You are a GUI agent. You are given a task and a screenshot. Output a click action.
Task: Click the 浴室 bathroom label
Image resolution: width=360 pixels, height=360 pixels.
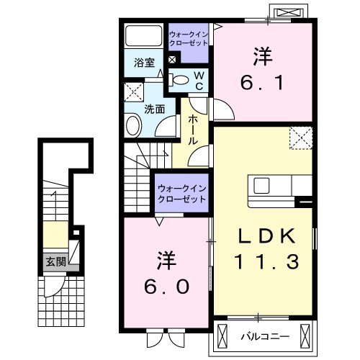click(144, 63)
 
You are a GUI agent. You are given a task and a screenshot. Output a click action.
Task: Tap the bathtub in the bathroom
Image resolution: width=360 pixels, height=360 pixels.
click(144, 35)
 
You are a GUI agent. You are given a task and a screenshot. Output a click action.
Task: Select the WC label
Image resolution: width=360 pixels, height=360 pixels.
click(199, 81)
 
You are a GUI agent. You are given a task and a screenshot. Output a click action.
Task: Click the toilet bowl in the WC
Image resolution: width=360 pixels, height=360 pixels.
click(181, 80)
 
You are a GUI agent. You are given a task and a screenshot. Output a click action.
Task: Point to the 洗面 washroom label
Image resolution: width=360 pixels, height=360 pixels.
click(155, 109)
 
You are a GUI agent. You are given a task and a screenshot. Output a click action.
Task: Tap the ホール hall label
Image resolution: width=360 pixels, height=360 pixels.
click(193, 130)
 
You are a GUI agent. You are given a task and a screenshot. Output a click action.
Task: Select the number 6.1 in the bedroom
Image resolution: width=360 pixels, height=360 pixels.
click(262, 82)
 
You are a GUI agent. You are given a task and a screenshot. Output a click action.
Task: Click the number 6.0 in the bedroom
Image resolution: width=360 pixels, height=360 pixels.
click(166, 287)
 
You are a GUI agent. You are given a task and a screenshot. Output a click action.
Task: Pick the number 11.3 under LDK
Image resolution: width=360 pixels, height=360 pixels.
click(266, 261)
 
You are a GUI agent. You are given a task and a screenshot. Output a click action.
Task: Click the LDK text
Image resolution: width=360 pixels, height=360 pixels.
click(266, 236)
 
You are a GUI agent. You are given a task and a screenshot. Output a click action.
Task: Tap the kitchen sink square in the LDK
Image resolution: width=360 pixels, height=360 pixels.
click(261, 185)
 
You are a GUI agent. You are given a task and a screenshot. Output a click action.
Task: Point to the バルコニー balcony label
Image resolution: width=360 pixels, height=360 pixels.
click(265, 337)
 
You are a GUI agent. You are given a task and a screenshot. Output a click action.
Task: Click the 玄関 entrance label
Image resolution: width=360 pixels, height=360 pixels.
click(56, 261)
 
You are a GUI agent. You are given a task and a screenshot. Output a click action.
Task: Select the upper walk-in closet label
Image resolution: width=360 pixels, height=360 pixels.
click(189, 39)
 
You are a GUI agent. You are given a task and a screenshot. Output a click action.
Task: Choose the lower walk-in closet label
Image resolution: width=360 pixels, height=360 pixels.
click(182, 194)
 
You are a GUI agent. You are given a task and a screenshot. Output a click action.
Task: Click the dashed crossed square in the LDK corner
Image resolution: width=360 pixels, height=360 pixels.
click(301, 138)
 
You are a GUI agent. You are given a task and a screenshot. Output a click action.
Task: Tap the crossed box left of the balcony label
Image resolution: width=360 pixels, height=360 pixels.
click(222, 336)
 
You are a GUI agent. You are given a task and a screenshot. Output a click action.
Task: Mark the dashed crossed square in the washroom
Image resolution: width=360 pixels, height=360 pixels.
click(134, 92)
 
